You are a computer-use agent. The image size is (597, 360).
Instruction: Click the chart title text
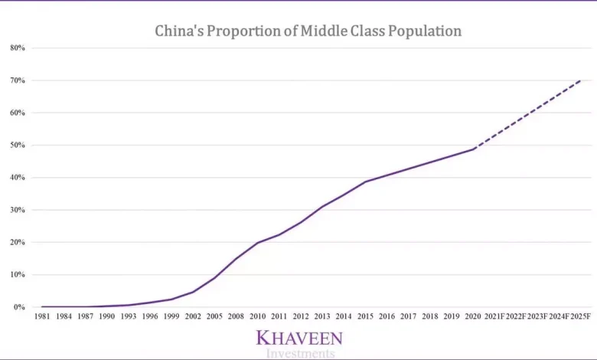click(308, 31)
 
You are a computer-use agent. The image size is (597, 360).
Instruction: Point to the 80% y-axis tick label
click(18, 48)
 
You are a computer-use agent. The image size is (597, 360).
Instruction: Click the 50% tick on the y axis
click(18, 146)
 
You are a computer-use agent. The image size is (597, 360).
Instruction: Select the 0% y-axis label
click(20, 307)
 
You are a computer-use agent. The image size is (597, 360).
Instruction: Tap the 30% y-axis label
click(18, 210)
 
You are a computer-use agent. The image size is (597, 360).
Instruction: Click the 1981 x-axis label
click(42, 316)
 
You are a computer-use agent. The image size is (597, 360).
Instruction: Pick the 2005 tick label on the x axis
click(215, 316)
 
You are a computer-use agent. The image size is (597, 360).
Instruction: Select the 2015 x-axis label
click(366, 316)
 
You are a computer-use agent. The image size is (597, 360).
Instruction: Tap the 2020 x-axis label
click(474, 316)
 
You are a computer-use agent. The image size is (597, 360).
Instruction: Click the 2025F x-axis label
click(581, 316)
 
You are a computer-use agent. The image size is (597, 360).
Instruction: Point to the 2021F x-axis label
click(495, 316)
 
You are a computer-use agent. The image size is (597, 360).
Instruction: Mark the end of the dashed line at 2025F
click(581, 80)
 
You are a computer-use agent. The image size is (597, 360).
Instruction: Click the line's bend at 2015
click(366, 182)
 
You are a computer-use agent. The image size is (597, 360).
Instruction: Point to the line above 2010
click(258, 243)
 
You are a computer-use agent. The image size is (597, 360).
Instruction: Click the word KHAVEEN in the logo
click(299, 338)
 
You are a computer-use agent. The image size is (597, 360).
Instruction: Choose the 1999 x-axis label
click(171, 316)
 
